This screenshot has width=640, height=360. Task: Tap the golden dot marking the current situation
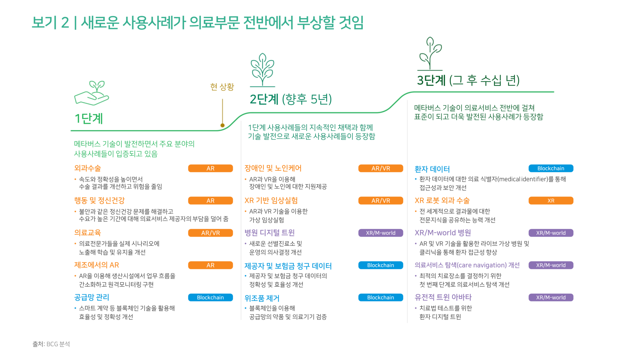point(223,125)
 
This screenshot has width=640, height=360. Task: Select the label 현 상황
point(222,87)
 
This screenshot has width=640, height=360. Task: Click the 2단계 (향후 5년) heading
point(291,99)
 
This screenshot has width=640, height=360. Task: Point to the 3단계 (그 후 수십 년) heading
point(468,80)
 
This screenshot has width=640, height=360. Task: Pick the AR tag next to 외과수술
point(210,168)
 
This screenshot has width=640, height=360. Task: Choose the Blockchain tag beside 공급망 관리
point(210,297)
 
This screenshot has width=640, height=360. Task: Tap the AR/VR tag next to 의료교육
point(210,233)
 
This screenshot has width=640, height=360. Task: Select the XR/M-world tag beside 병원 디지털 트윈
point(381,233)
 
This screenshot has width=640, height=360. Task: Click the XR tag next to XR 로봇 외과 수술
point(551,201)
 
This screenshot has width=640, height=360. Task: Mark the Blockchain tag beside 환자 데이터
point(551,168)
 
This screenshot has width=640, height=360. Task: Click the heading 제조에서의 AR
point(97,265)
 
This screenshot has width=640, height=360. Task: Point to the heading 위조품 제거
point(262,298)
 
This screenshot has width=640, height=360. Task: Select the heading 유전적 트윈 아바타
point(443,297)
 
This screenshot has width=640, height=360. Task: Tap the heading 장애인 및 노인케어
point(273,168)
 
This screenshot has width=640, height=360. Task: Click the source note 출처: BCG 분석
point(51,344)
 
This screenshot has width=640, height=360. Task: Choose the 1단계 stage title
point(89,118)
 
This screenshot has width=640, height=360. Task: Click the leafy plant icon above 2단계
point(263,70)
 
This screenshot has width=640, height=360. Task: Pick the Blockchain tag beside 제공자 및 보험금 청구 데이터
point(381,265)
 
